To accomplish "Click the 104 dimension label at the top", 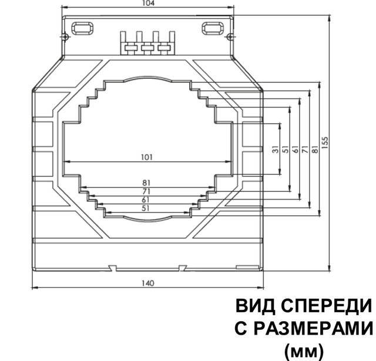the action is point(149,4).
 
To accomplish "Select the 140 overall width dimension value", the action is point(149,283).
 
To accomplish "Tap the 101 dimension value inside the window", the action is point(147,157).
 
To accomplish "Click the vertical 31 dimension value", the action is point(275,150).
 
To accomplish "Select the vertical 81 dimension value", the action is point(314,150).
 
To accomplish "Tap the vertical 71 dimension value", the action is point(305,150).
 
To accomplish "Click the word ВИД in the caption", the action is point(252,307).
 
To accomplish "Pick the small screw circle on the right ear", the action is point(230,38).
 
